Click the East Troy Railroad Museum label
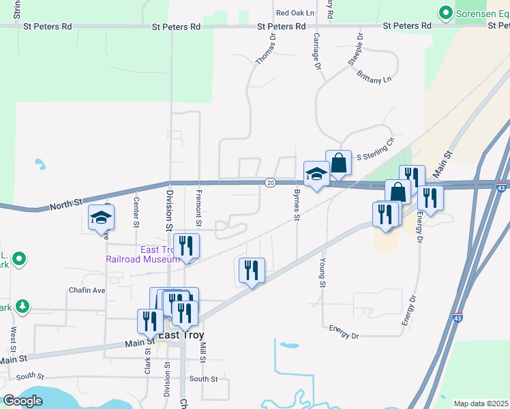coord(143,254)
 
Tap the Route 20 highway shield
coord(270,183)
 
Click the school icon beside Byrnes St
coord(316,175)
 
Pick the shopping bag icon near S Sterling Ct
coord(338,164)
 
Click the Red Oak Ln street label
coord(295,13)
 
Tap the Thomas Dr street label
coord(265,50)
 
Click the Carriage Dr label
coord(316,51)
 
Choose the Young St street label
coord(322,273)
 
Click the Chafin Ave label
coord(87,290)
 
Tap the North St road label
coord(66,202)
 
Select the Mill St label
coord(202,352)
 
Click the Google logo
coord(22,402)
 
